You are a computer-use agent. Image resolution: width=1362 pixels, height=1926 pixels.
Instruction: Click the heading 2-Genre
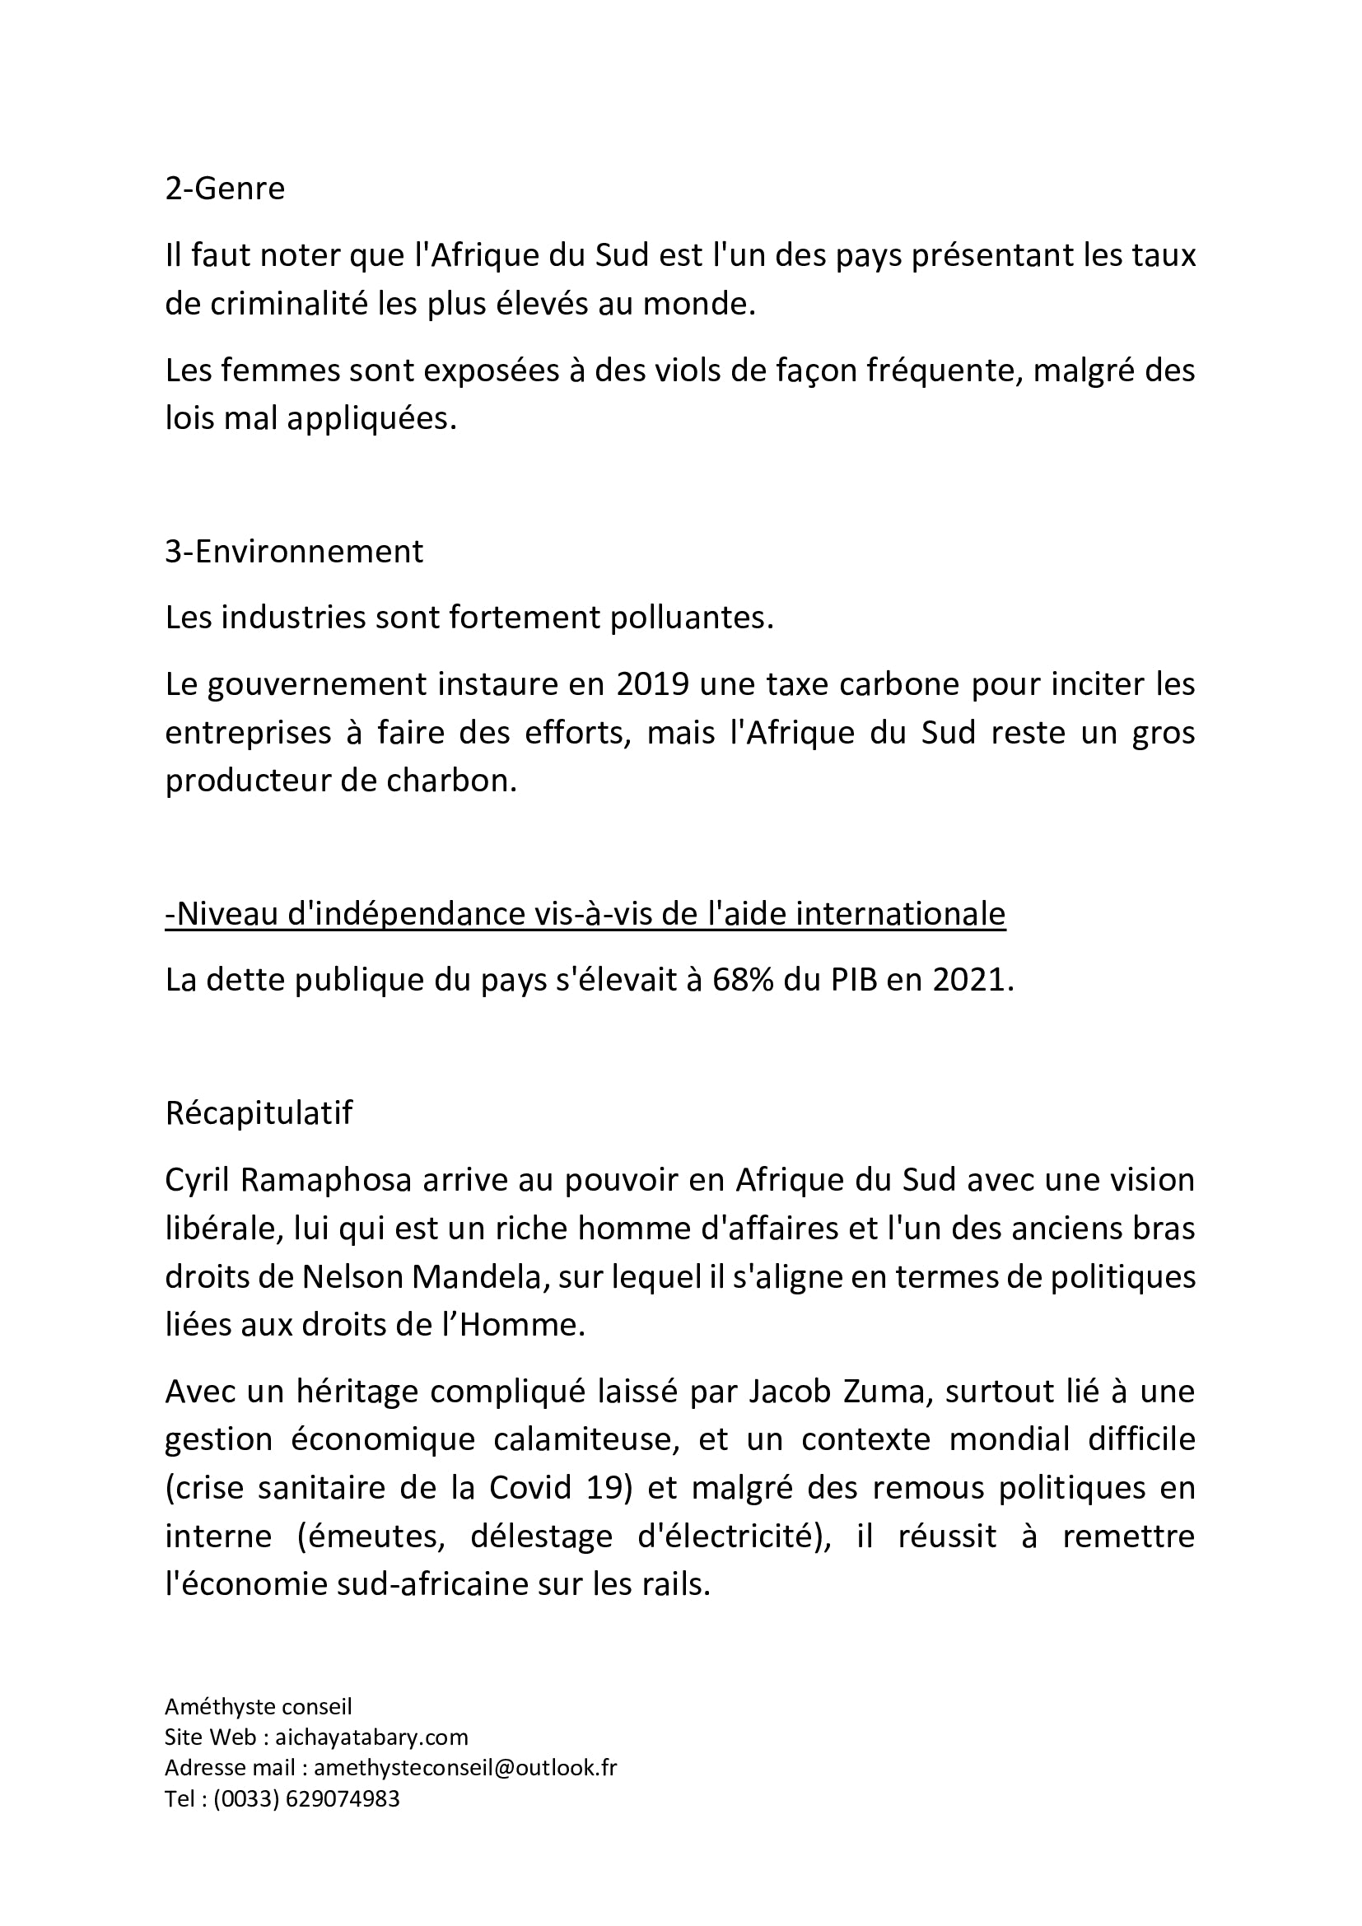225,188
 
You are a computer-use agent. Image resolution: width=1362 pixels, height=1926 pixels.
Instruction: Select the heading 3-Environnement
293,551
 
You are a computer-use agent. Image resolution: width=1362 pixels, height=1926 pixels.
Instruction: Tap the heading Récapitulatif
259,1112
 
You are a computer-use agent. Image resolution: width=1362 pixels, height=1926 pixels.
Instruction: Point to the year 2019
652,683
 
